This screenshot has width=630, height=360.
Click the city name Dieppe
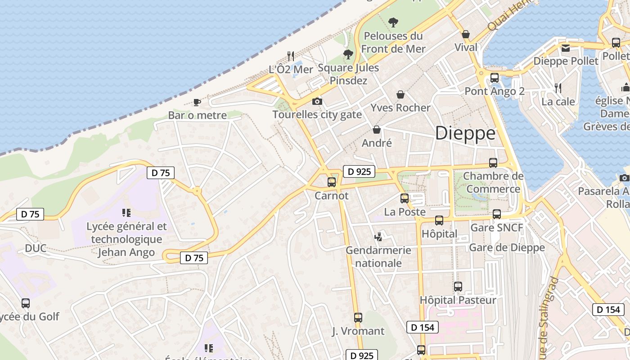465,133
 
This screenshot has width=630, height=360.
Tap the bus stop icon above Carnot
332,182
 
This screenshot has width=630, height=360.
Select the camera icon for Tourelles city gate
317,101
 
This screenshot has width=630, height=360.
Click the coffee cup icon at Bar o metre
197,102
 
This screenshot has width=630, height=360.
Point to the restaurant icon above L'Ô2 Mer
291,56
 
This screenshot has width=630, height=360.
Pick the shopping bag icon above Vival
466,34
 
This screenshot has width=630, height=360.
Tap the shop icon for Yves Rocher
400,94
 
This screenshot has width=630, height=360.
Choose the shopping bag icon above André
377,130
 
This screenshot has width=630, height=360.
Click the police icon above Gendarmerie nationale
378,236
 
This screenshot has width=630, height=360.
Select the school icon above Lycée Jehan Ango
126,212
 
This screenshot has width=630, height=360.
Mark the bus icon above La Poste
405,198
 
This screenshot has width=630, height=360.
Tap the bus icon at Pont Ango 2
495,77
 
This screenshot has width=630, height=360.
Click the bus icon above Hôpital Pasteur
458,286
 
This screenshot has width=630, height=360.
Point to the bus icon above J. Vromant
358,318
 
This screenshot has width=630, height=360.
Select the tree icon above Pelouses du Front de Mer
393,22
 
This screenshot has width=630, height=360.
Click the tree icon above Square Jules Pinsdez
348,54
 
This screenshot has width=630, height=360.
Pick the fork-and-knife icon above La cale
558,87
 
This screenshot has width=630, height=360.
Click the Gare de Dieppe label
507,247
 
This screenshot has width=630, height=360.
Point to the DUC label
36,248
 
